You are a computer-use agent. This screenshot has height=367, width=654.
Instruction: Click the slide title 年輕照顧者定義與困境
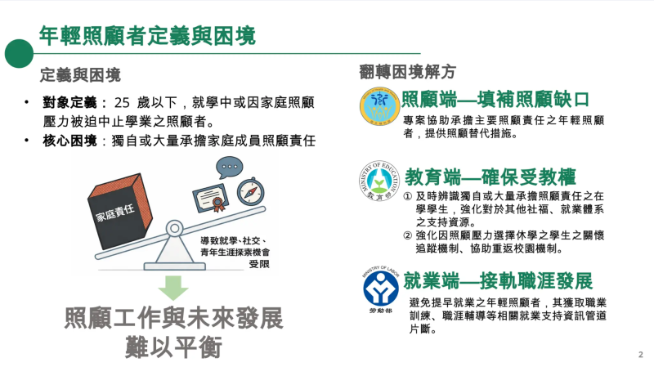coord(147,36)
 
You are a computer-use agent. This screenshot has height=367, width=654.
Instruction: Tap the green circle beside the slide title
coord(18,53)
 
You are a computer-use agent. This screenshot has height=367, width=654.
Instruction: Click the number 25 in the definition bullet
coord(123,103)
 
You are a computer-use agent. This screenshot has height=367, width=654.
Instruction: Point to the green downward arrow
coord(172,288)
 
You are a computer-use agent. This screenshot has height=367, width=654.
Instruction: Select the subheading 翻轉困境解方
coord(407,71)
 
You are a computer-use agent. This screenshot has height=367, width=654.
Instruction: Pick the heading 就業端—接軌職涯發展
coord(498,282)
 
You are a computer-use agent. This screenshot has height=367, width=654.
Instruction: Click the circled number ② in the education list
coord(408,236)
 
